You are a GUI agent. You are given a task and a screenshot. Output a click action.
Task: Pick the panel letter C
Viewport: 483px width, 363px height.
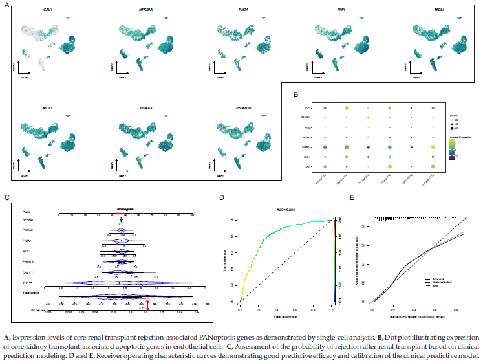pos(6,198)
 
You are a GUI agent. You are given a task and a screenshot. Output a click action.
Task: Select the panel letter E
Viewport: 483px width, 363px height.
pos(352,198)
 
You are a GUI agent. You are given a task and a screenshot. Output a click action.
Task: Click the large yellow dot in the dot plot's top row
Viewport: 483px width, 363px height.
pos(347,108)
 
